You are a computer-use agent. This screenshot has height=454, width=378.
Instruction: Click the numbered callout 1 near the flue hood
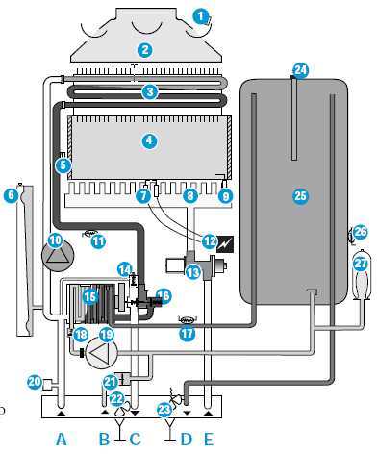click(201, 16)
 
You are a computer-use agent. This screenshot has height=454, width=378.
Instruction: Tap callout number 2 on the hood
click(144, 50)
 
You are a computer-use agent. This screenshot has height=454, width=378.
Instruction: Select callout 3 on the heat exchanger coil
click(150, 92)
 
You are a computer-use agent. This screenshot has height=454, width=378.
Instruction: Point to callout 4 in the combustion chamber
click(149, 140)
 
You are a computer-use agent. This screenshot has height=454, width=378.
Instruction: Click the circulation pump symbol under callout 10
click(58, 255)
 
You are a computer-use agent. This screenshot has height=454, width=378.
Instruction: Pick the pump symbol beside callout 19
click(101, 353)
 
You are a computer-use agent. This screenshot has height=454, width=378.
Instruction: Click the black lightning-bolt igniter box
click(225, 244)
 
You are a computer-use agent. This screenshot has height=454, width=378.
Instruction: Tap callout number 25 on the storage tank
click(301, 195)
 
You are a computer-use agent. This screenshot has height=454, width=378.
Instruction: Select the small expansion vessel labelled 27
click(362, 276)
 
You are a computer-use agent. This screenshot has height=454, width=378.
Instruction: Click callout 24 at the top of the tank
click(301, 69)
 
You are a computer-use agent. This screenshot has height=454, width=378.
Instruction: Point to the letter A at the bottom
click(62, 439)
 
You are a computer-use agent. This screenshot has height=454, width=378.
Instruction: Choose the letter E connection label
click(209, 439)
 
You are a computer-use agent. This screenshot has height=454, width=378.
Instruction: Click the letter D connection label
click(186, 439)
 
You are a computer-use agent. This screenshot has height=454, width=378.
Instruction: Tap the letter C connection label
click(135, 439)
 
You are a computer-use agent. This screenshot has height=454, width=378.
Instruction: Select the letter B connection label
click(104, 439)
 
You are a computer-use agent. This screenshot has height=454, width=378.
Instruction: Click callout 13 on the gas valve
click(193, 272)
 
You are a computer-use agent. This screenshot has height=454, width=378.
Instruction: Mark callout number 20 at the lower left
click(35, 382)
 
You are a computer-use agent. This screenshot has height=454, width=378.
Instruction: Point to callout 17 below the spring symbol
click(187, 334)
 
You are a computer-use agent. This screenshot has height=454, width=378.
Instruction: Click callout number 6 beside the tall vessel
click(11, 195)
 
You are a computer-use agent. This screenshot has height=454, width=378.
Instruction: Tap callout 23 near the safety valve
click(164, 409)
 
